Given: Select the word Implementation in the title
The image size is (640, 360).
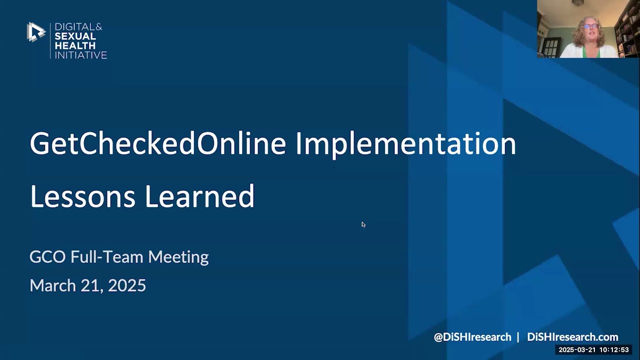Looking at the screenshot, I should (405, 144).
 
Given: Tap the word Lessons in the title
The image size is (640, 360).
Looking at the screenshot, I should (82, 196).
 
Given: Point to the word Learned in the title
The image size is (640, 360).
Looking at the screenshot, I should (199, 196).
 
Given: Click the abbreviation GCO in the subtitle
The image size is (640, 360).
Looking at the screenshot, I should (47, 257).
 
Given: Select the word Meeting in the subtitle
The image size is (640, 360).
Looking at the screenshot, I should (178, 257).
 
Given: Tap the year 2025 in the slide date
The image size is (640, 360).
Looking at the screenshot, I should (127, 285).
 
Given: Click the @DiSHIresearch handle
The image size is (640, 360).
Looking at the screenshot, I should (472, 337).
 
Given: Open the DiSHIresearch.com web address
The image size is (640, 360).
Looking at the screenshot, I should (572, 337).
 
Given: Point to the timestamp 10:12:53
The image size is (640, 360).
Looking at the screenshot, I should (614, 350).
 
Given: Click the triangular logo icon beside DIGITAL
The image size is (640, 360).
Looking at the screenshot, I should (35, 32).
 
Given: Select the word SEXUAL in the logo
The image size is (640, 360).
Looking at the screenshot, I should (74, 36).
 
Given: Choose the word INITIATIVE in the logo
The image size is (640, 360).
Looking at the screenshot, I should (80, 55).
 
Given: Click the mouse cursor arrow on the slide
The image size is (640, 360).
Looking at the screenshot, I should (363, 224).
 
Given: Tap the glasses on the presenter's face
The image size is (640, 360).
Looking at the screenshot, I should (590, 26).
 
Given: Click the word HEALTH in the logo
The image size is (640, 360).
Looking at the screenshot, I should (75, 45).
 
